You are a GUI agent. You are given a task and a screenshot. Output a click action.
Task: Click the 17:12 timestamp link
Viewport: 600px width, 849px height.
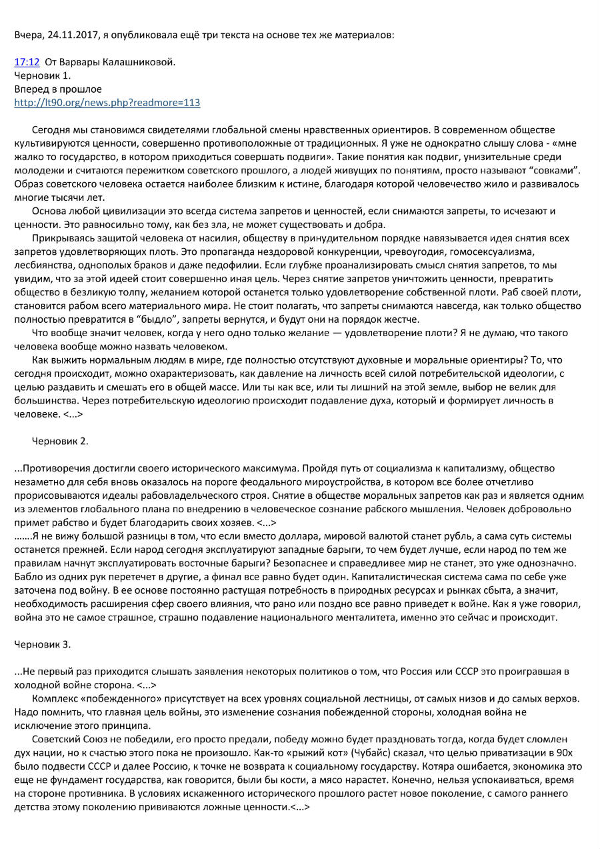27,62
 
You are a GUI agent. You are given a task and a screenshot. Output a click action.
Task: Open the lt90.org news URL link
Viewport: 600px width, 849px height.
107,103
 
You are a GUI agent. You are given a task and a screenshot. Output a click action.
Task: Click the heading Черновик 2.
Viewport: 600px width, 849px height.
60,441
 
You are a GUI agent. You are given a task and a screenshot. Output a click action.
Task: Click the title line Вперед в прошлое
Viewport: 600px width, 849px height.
58,89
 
